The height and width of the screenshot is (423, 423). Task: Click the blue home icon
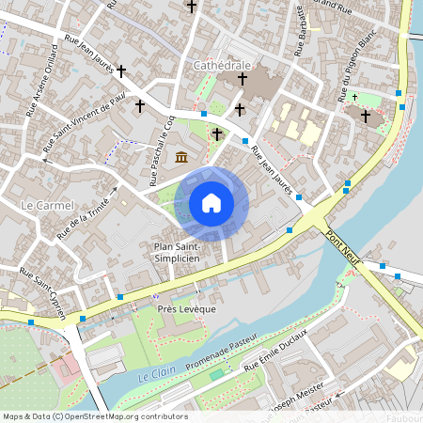click(x=211, y=202)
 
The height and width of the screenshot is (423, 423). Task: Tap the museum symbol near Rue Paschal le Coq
click(x=182, y=156)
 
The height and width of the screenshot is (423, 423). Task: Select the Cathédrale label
click(x=222, y=66)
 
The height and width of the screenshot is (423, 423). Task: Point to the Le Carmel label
click(x=40, y=204)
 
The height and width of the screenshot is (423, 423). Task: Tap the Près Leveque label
click(x=187, y=308)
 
